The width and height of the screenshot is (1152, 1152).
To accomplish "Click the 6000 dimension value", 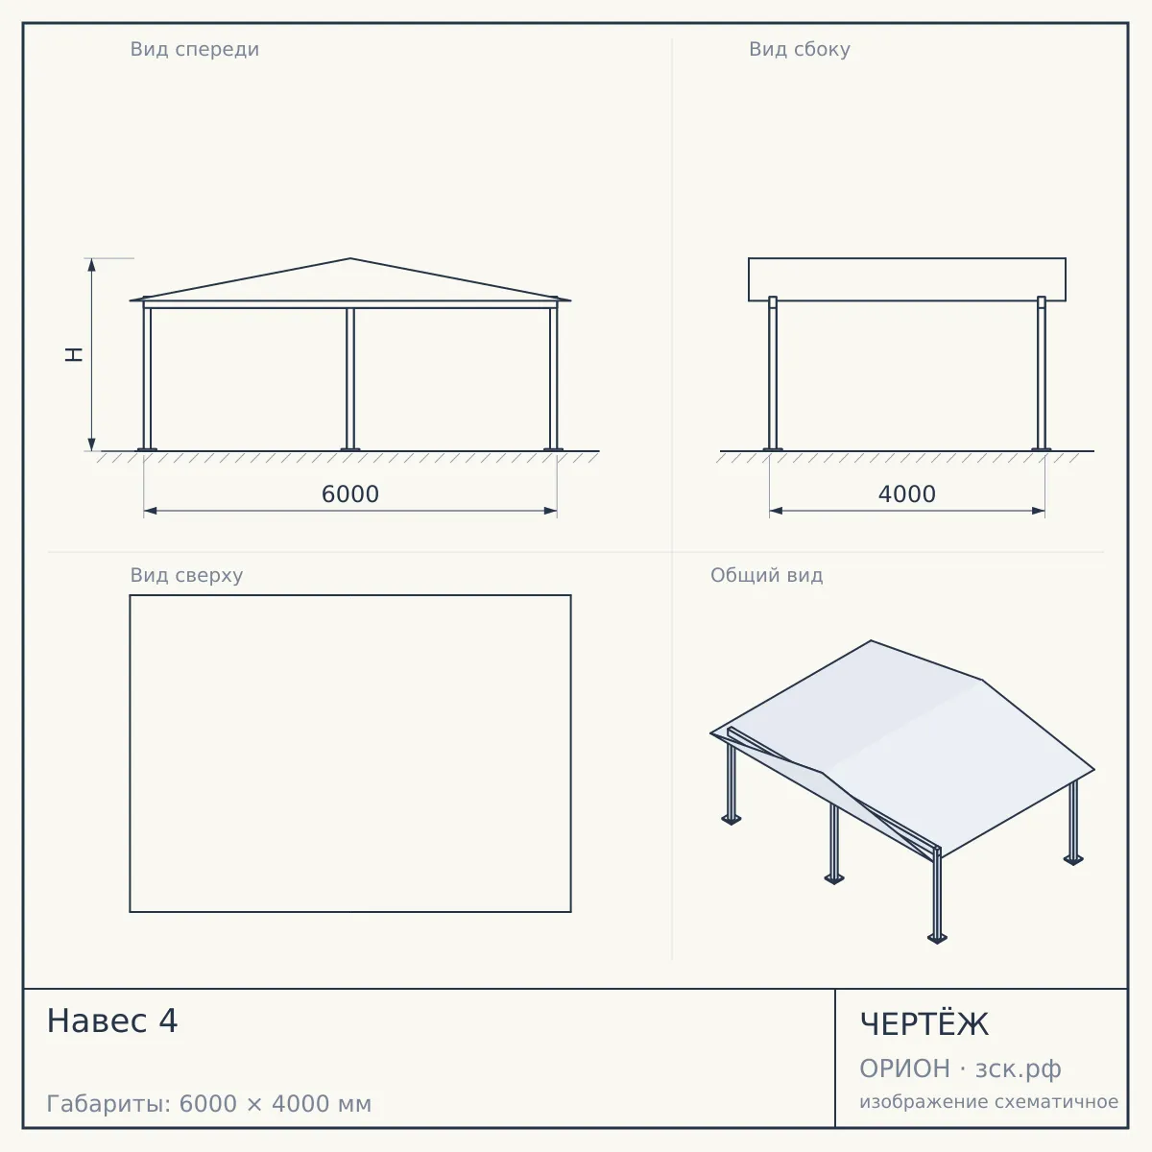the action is pos(349,494).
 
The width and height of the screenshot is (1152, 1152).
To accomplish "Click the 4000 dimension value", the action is pos(907,494).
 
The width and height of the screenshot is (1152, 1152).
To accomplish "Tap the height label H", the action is pos(74,354).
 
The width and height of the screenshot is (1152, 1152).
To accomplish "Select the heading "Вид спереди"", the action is pos(194,49).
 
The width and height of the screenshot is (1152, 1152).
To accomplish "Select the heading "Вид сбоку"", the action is pos(800,49).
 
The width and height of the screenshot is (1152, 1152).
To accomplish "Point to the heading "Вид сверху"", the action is pos(186,575).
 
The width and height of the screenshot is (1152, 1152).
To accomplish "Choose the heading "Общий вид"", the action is pos(766,575).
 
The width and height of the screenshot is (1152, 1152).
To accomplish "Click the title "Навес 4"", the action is pos(112,1020).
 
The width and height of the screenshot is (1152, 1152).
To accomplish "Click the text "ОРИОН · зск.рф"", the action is pos(960,1068).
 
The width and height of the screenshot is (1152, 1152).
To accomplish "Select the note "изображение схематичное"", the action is pos(989,1102).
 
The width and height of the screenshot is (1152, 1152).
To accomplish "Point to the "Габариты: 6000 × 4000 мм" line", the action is pos(209,1104).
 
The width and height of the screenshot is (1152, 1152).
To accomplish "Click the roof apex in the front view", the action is pos(350,258).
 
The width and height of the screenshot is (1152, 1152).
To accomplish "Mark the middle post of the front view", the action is pos(350,379).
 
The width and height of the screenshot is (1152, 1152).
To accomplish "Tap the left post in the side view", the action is pos(773,373).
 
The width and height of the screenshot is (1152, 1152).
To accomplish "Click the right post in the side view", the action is pos(1042,373).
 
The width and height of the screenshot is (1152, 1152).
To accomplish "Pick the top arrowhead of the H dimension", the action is pos(91,264).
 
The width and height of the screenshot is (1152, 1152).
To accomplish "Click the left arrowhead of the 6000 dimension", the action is pos(150,511).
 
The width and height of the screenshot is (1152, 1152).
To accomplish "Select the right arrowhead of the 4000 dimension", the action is pos(1039,511).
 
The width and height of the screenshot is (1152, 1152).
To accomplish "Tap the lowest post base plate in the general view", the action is pos(937,939).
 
